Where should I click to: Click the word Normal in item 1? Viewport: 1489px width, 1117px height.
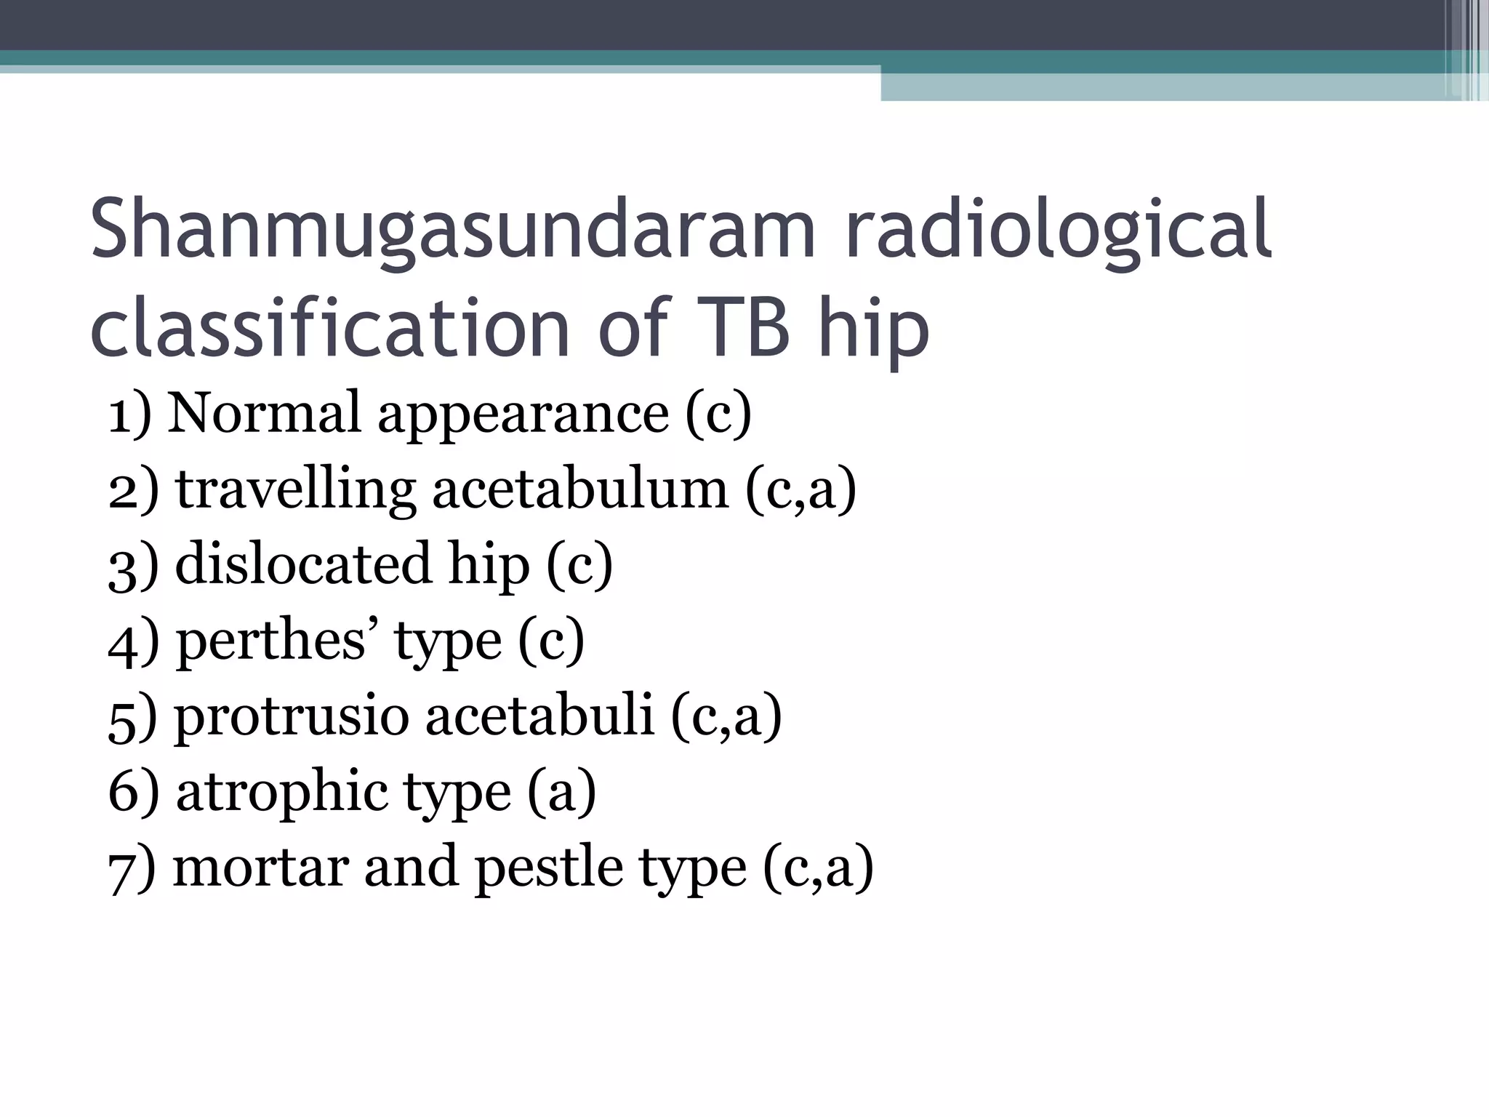pyautogui.click(x=264, y=412)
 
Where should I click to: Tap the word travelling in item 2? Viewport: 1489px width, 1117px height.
pyautogui.click(x=295, y=489)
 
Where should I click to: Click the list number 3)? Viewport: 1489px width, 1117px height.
pyautogui.click(x=132, y=565)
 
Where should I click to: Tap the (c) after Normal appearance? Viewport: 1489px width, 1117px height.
pyautogui.click(x=718, y=414)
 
